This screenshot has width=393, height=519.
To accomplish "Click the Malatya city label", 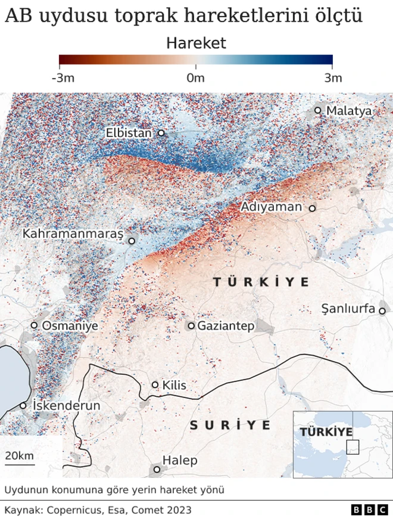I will click(349, 111).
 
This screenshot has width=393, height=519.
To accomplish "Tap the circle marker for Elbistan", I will click(161, 133).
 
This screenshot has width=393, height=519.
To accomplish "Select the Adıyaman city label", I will click(272, 207).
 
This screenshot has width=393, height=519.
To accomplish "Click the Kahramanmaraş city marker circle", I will click(132, 241).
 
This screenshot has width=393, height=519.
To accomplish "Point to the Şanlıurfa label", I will click(348, 309).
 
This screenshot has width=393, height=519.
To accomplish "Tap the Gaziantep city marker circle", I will click(191, 326).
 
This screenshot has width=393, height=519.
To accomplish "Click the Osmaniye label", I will click(70, 326).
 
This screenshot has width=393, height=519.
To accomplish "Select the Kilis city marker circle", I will click(155, 385).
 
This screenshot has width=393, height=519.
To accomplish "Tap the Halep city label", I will click(180, 461).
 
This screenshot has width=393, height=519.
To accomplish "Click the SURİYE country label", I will click(230, 425).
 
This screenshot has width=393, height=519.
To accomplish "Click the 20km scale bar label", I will click(19, 456).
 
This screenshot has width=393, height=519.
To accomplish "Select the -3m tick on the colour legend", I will click(63, 78).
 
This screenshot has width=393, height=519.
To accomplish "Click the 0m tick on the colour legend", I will click(195, 78).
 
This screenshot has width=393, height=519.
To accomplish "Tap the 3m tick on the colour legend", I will click(332, 78).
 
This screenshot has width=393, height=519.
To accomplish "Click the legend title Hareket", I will click(196, 43).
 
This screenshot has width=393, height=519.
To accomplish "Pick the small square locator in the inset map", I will click(353, 447).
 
